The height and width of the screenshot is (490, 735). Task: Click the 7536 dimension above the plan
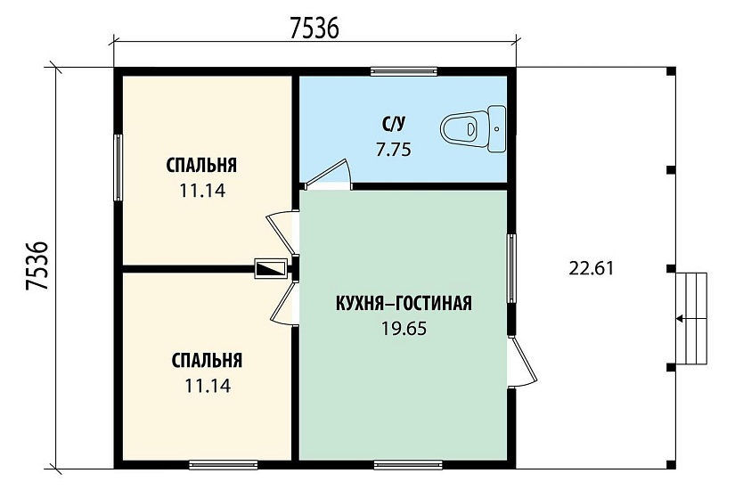(x=314, y=29)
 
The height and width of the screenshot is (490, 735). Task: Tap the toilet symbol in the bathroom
(x=472, y=127)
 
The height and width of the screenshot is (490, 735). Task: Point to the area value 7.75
(x=393, y=150)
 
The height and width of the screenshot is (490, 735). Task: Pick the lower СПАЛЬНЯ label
(x=207, y=361)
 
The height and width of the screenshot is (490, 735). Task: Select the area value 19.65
(x=404, y=328)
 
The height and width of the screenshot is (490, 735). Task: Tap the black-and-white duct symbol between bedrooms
(x=271, y=267)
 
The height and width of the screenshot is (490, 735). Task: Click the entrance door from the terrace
(x=522, y=361)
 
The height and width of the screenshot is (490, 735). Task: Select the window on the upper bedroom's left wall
(x=118, y=167)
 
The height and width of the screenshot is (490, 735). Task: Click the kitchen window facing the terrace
(x=511, y=268)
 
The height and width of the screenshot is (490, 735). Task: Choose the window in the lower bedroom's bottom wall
(x=223, y=463)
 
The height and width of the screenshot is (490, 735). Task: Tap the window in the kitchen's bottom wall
(x=407, y=463)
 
